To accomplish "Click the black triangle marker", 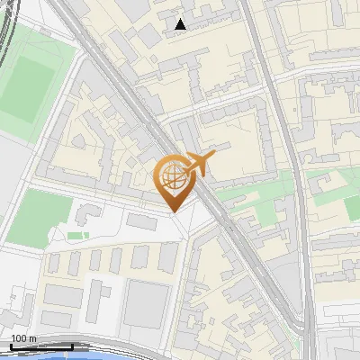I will pyautogui.click(x=181, y=24).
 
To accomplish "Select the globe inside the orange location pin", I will pyautogui.click(x=171, y=177).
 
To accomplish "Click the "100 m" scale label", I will pyautogui.click(x=24, y=338).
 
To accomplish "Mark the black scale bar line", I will pyautogui.click(x=41, y=346).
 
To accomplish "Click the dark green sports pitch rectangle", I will pyautogui.click(x=24, y=91).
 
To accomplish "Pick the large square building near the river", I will pyautogui.click(x=146, y=301).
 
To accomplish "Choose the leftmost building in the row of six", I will pyautogui.click(x=55, y=263).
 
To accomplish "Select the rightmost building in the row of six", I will pyautogui.click(x=169, y=257).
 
